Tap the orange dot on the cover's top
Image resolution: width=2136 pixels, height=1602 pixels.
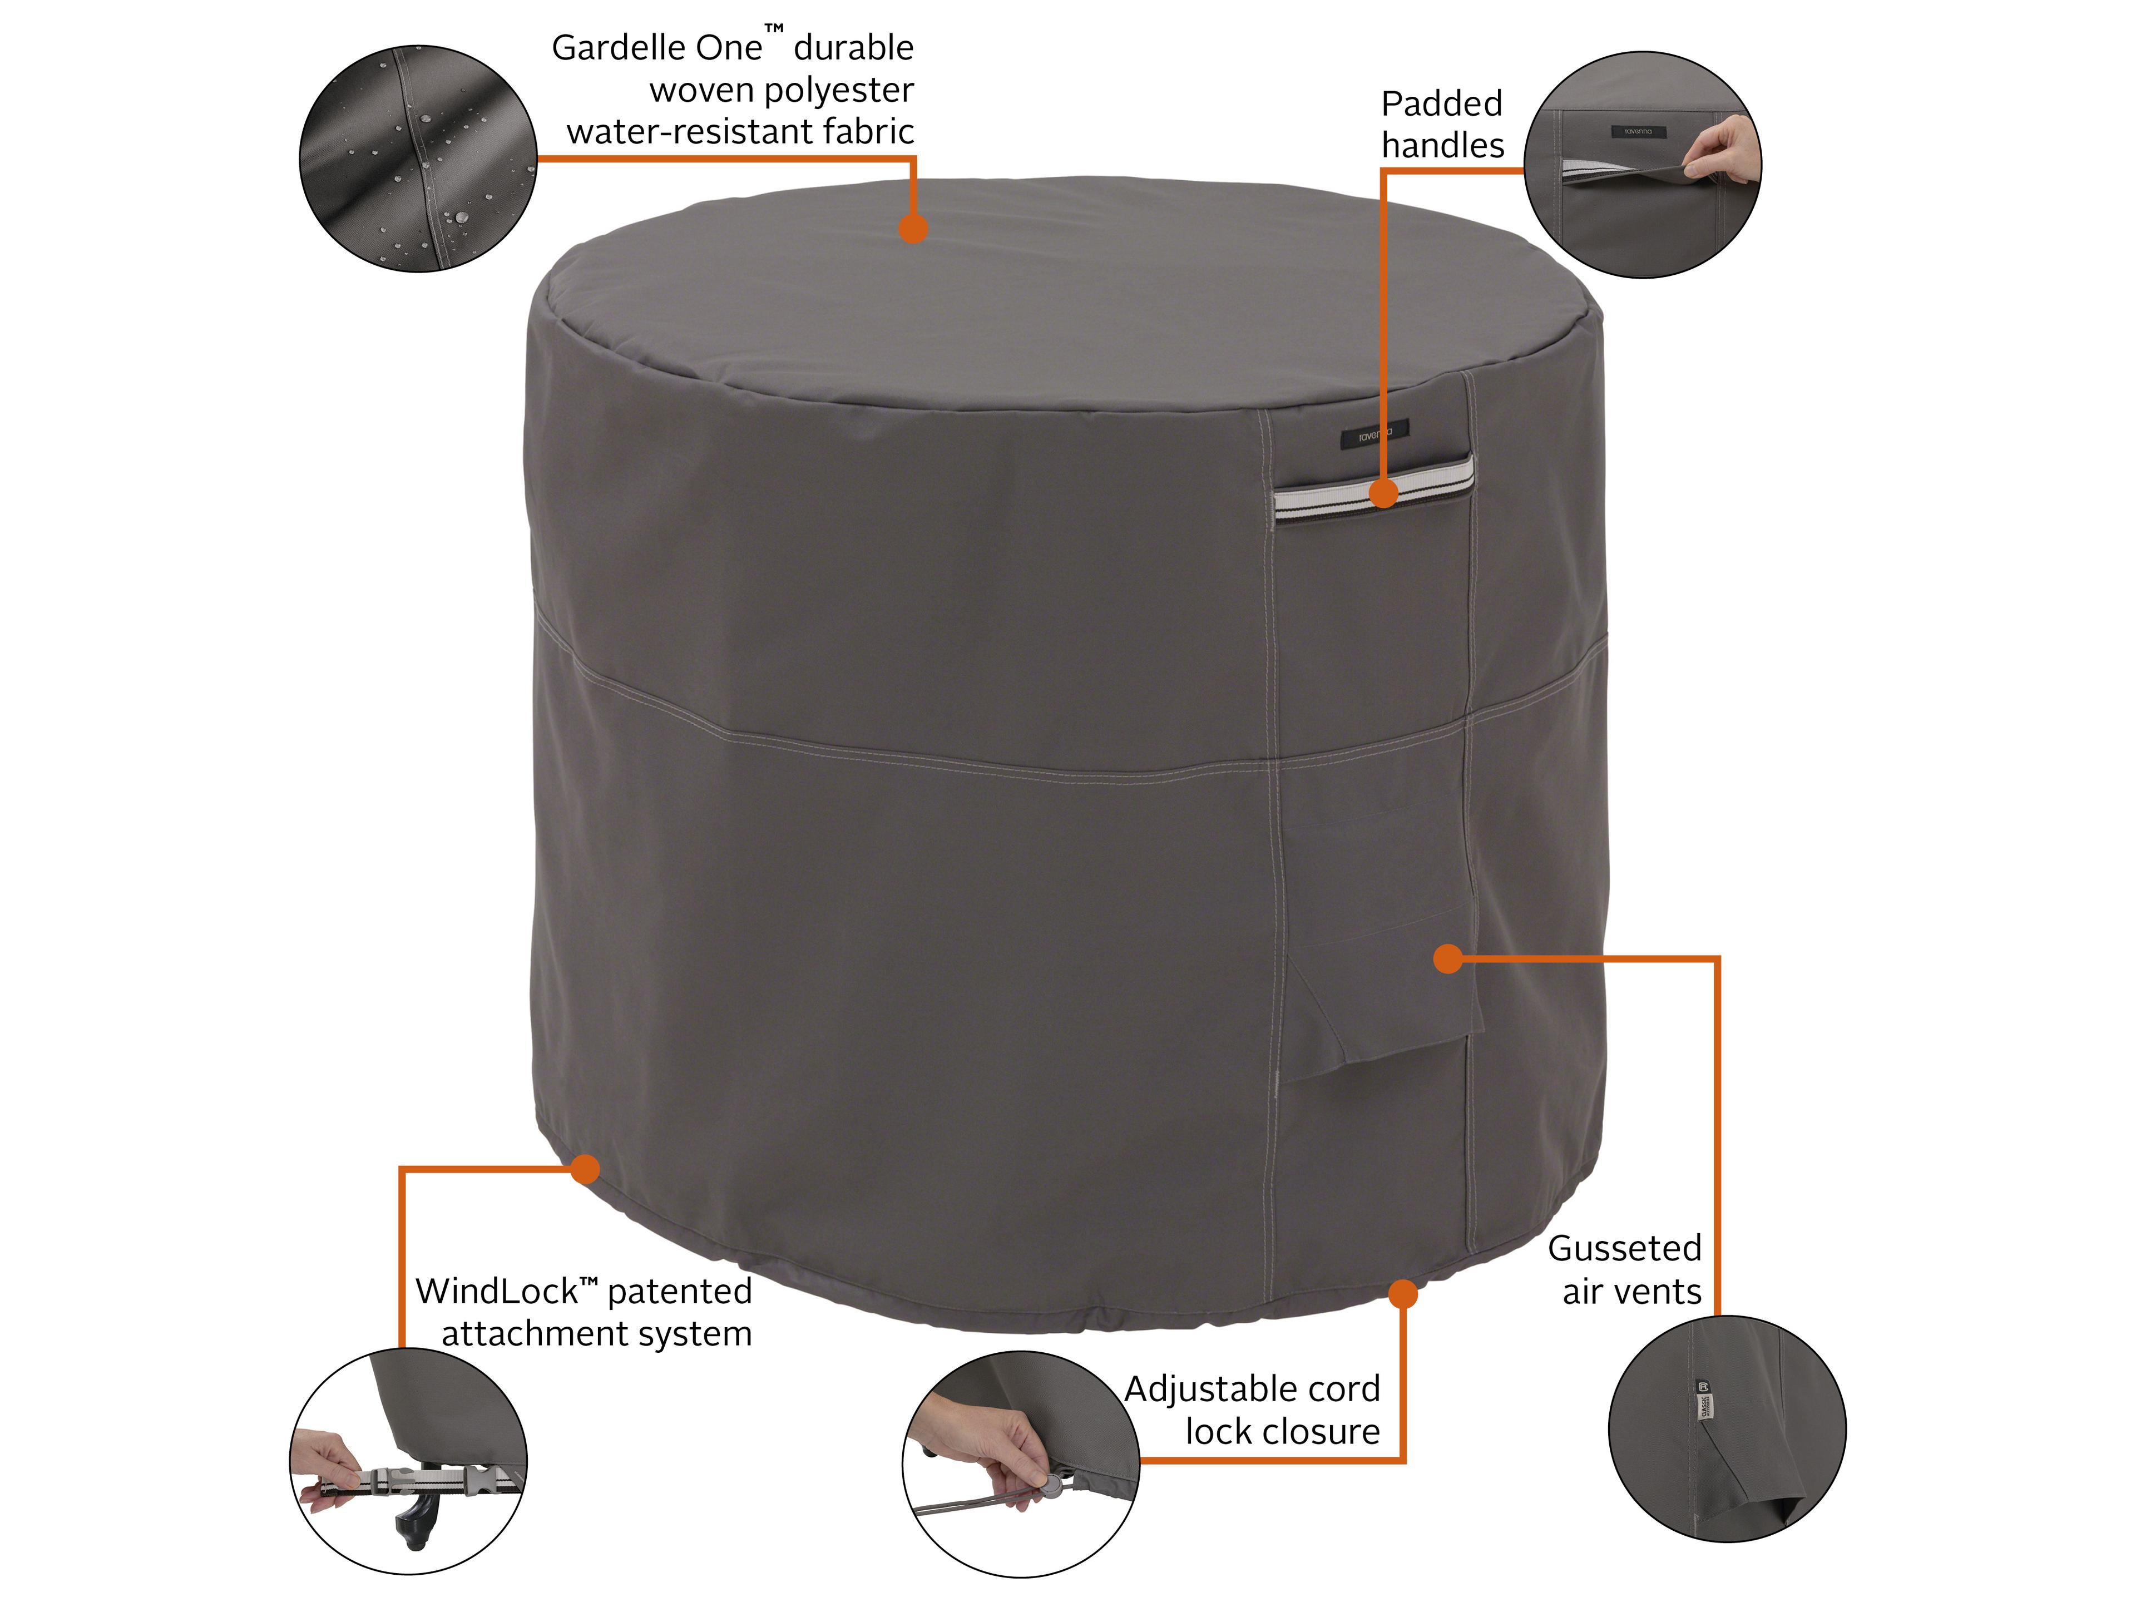pyautogui.click(x=913, y=229)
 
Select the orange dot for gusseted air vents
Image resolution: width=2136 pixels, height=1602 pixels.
pyautogui.click(x=1447, y=959)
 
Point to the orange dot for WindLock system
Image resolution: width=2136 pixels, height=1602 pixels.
pyautogui.click(x=584, y=1169)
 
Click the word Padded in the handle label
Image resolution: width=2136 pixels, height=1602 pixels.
pyautogui.click(x=1441, y=103)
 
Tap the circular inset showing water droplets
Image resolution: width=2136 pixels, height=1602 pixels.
pyautogui.click(x=418, y=159)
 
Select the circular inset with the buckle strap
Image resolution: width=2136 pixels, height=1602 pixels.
pyautogui.click(x=408, y=1462)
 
